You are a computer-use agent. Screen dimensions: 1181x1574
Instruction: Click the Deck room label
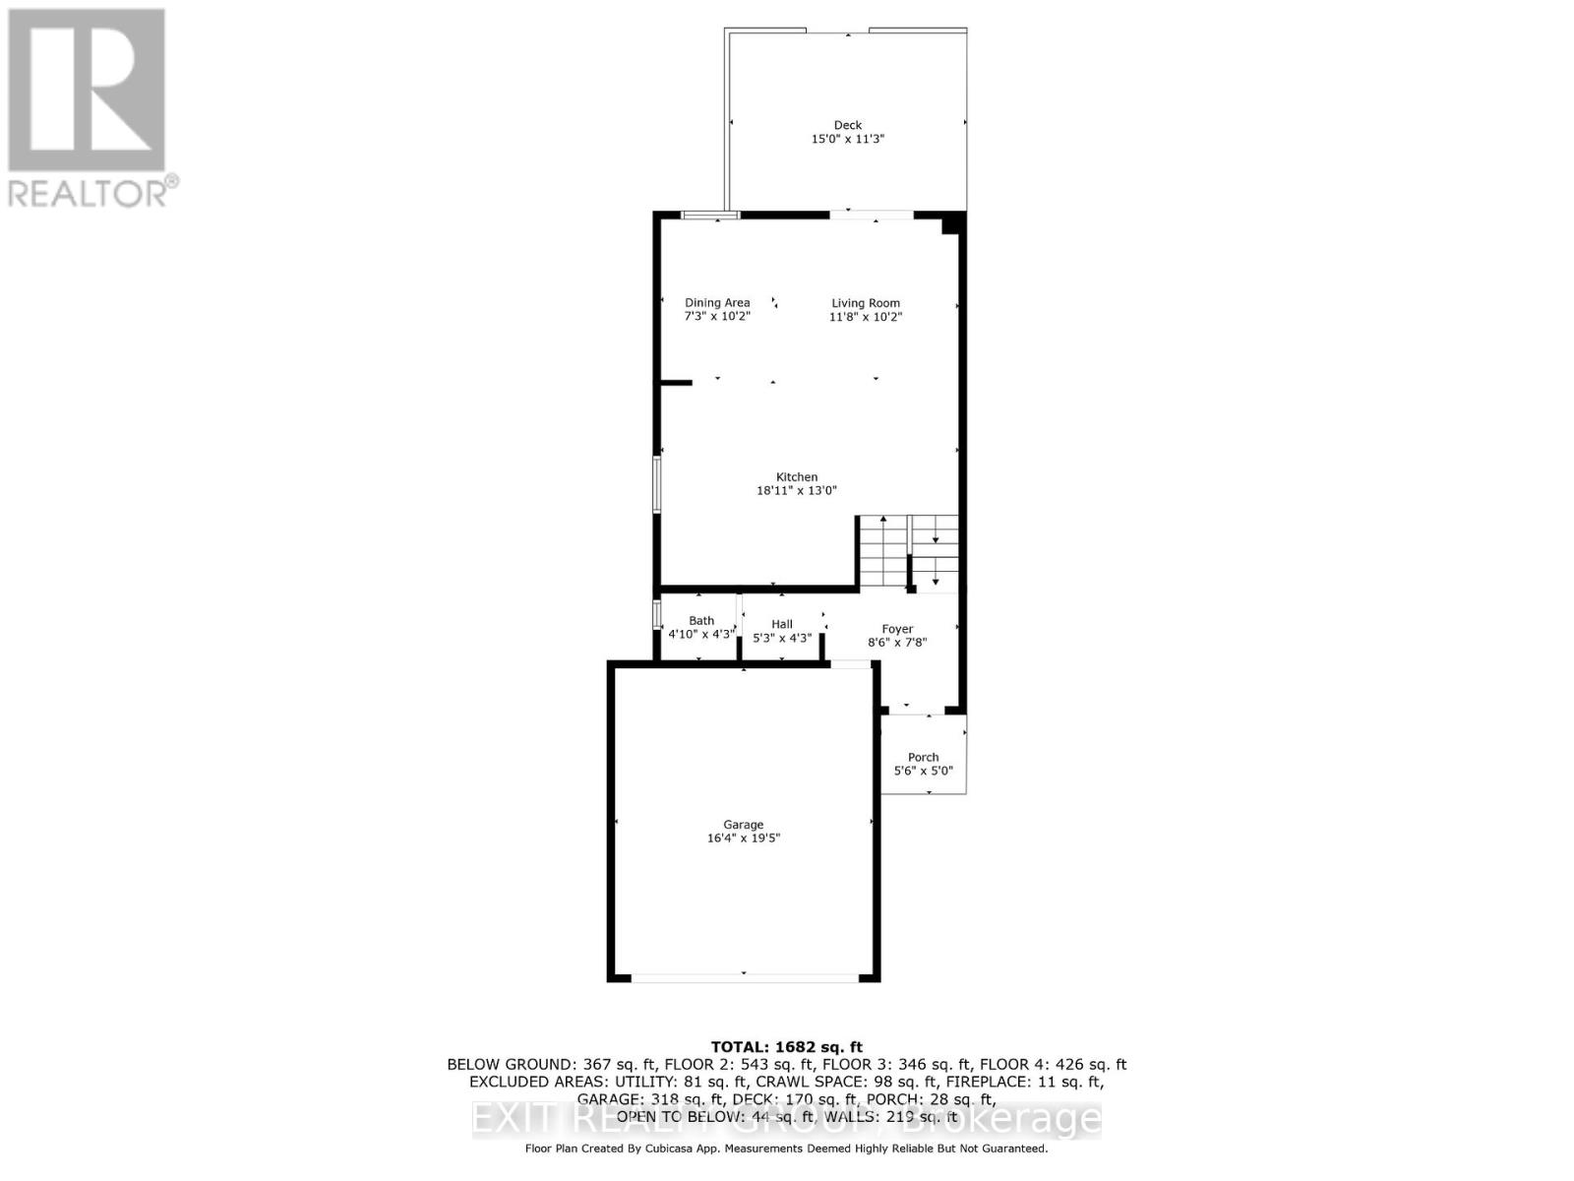coord(847,125)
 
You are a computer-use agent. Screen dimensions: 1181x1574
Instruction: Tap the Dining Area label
coord(717,303)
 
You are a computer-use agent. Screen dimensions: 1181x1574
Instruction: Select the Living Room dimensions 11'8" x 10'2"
coord(866,317)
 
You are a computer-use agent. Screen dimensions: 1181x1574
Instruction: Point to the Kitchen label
coord(797,477)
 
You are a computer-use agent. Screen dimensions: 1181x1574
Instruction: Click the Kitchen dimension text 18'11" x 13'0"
coord(797,490)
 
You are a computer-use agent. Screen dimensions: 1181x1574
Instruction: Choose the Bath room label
coord(701,621)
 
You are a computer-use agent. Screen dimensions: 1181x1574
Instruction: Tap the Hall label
coord(782,624)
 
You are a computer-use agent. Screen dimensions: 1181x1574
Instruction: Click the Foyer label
coord(897,629)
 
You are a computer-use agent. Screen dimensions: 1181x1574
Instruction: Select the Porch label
coord(923,758)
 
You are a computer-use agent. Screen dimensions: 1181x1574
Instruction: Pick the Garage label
coord(744,825)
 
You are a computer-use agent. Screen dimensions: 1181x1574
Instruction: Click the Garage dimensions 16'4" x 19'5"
coord(744,839)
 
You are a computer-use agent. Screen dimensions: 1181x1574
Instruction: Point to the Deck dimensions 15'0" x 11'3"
coord(847,140)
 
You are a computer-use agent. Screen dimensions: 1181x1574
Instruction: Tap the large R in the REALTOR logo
coord(87,91)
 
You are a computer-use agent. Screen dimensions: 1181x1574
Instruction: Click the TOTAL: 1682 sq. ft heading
coord(786,1047)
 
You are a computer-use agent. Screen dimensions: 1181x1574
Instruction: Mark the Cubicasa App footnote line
coord(786,1149)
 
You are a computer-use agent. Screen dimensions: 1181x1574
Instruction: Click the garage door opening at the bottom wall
coord(745,977)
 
